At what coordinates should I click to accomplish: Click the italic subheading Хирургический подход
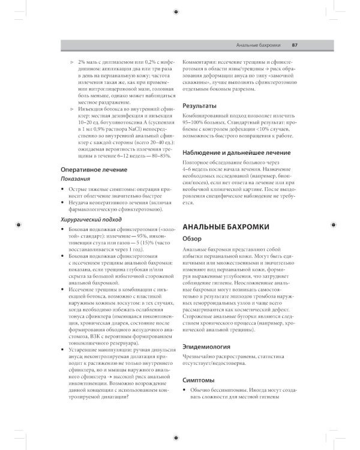pos(89,220)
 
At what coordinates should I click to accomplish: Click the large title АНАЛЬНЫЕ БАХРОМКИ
pos(225,226)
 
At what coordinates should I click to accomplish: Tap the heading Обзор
pos(193,239)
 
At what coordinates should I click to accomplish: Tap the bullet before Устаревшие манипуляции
pos(64,348)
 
